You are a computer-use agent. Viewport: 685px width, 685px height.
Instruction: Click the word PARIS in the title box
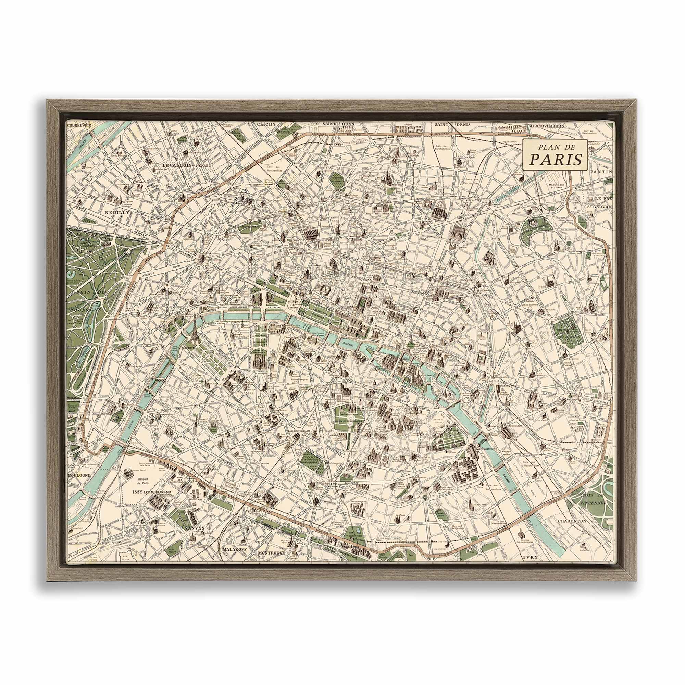556,160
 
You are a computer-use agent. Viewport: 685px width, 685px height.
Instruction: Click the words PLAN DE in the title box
556,147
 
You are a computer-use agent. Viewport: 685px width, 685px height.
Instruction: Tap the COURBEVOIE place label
79,125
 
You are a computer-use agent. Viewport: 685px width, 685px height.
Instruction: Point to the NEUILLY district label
116,213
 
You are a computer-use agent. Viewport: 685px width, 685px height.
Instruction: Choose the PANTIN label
602,171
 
